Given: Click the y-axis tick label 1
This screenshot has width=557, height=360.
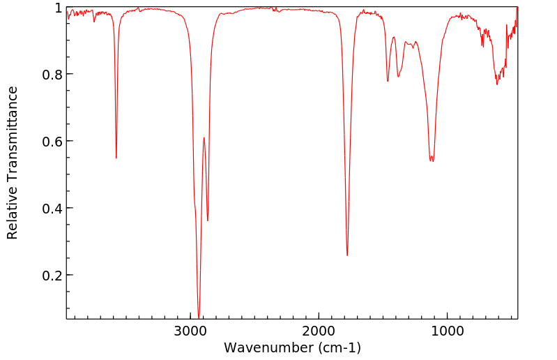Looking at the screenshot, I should (x=57, y=8).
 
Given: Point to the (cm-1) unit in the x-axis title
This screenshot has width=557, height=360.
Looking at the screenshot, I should (x=339, y=347).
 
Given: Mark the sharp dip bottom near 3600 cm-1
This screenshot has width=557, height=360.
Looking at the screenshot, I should (x=116, y=158).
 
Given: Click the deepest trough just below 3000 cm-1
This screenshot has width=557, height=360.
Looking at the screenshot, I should (x=199, y=317).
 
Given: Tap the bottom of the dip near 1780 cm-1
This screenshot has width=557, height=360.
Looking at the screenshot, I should (x=347, y=255).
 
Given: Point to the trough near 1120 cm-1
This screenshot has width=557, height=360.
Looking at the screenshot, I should (x=432, y=161).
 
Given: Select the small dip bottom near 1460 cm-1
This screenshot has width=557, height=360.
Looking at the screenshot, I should (x=388, y=81).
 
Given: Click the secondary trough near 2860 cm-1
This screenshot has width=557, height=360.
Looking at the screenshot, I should (x=208, y=220).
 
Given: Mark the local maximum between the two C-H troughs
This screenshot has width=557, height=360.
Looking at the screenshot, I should (x=204, y=137).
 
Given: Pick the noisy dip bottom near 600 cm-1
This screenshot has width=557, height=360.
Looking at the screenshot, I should (x=497, y=84).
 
